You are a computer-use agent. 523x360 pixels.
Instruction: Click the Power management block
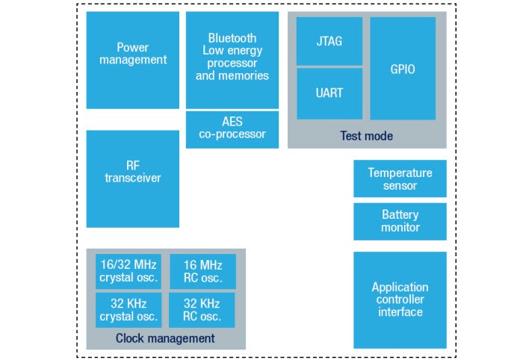[133, 60]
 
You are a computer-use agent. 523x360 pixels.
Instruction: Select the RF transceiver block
[133, 179]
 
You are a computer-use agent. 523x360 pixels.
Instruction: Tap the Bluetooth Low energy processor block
[232, 60]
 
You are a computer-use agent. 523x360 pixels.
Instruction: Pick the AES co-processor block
[232, 128]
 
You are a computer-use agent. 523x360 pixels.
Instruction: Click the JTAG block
[329, 41]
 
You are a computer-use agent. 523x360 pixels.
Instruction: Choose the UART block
[329, 93]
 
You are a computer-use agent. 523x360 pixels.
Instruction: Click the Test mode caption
[366, 136]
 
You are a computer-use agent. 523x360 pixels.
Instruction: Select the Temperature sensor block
[400, 179]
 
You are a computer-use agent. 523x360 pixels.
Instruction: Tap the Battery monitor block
[400, 221]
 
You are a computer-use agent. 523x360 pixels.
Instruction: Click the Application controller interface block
[400, 300]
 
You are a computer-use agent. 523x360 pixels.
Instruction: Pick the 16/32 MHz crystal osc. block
[128, 271]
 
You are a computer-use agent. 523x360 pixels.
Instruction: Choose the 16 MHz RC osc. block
[202, 271]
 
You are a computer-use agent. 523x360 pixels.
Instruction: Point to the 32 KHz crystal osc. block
[128, 310]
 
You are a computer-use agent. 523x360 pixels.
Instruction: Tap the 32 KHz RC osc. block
[202, 310]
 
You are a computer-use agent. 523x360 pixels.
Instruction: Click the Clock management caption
[165, 338]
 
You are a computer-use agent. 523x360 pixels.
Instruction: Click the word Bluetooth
[232, 38]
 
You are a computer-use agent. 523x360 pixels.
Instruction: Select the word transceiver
[133, 179]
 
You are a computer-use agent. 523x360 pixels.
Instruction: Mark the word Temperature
[400, 173]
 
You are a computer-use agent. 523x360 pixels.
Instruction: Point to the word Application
[400, 287]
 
